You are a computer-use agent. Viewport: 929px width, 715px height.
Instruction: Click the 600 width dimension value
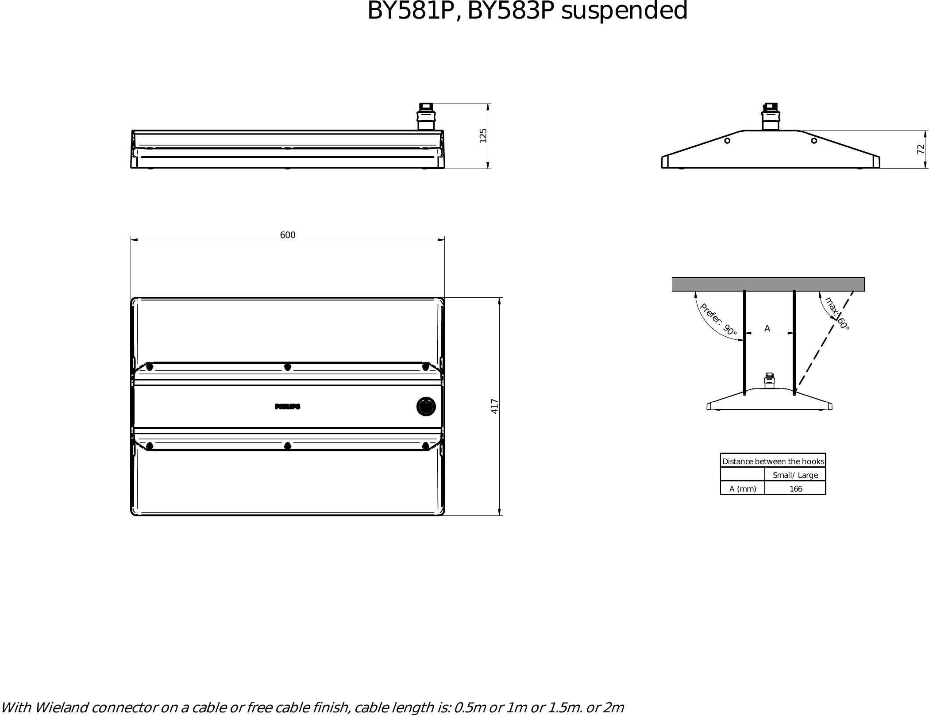point(288,235)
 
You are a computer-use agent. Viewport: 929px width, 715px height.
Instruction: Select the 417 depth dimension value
point(495,406)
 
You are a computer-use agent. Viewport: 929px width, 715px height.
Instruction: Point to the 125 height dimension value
point(483,135)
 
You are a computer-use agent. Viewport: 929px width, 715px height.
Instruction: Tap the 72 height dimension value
point(921,149)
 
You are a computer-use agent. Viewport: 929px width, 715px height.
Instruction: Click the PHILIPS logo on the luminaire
point(288,407)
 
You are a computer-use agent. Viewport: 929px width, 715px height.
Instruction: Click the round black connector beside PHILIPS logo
point(426,407)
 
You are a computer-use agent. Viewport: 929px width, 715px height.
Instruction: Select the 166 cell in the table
point(796,489)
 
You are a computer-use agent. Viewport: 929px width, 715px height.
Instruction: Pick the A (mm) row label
point(743,489)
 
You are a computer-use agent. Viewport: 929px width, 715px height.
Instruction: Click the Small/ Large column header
point(795,475)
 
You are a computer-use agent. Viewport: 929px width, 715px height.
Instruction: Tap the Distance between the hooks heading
point(773,461)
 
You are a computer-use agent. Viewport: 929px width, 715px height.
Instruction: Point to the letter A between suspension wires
point(767,328)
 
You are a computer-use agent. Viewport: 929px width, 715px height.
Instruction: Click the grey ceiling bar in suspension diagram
point(768,284)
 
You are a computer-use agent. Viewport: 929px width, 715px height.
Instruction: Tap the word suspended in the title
point(624,11)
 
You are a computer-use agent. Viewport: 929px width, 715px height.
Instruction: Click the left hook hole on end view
point(727,141)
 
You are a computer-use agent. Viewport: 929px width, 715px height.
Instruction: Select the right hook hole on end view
point(814,141)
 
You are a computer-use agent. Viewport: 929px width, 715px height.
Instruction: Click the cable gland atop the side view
point(426,116)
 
